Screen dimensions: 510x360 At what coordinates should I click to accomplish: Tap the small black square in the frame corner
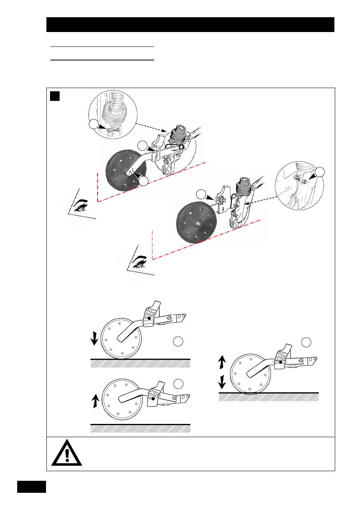(x=55, y=96)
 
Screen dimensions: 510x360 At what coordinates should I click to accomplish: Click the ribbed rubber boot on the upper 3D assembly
(x=176, y=137)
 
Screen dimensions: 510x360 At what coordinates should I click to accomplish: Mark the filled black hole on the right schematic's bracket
(x=281, y=362)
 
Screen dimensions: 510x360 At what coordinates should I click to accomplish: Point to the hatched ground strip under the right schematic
(x=269, y=397)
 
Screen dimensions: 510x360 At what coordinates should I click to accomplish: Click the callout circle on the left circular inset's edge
(x=94, y=124)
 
